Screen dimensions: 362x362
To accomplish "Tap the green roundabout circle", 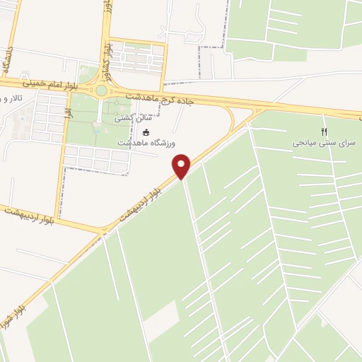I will click(x=101, y=90).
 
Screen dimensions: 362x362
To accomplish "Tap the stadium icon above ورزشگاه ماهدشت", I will click(x=146, y=132).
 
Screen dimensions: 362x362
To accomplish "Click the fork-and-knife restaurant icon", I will click(x=325, y=132).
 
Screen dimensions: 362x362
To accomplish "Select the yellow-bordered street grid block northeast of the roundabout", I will click(x=138, y=57).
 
